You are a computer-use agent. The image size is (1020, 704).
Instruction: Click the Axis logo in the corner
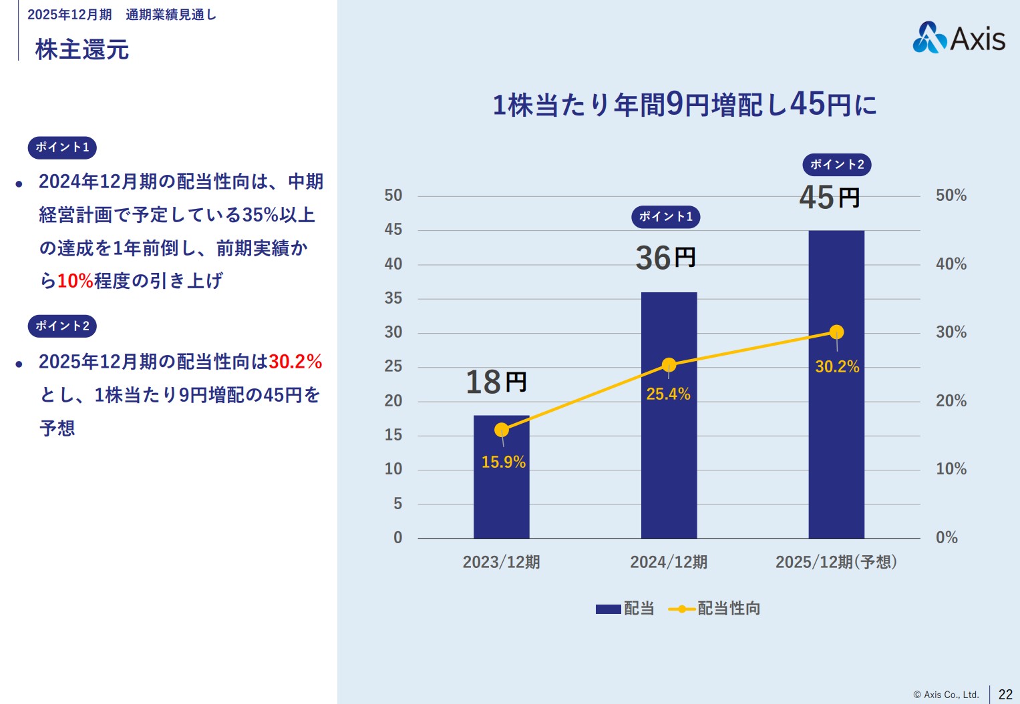pyautogui.click(x=959, y=37)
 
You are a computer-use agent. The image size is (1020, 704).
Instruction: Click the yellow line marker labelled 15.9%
pyautogui.click(x=502, y=430)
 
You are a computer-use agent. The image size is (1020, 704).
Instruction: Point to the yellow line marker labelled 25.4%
pyautogui.click(x=669, y=365)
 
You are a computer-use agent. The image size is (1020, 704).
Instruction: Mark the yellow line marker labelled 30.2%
pyautogui.click(x=836, y=332)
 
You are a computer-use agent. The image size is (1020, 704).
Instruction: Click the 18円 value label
pyautogui.click(x=496, y=382)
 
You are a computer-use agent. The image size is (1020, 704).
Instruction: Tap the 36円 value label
pyautogui.click(x=665, y=258)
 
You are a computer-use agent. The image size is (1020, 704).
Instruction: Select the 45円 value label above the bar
pyautogui.click(x=829, y=198)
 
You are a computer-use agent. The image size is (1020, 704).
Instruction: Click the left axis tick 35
pyautogui.click(x=393, y=298)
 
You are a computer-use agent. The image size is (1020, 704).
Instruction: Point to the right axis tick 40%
pyautogui.click(x=951, y=264)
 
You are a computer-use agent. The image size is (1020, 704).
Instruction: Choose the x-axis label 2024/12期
pyautogui.click(x=669, y=562)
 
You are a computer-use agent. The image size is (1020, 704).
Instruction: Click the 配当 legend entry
pyautogui.click(x=625, y=609)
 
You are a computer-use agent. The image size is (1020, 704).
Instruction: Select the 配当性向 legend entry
pyautogui.click(x=715, y=609)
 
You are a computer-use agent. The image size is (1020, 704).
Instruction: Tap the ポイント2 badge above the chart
pyautogui.click(x=836, y=164)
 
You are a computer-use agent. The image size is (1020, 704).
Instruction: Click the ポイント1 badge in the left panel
pyautogui.click(x=62, y=147)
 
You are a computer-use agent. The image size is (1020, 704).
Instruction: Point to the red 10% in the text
pyautogui.click(x=75, y=281)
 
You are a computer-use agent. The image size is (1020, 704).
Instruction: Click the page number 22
pyautogui.click(x=1005, y=694)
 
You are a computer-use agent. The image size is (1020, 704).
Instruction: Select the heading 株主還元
pyautogui.click(x=81, y=49)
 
